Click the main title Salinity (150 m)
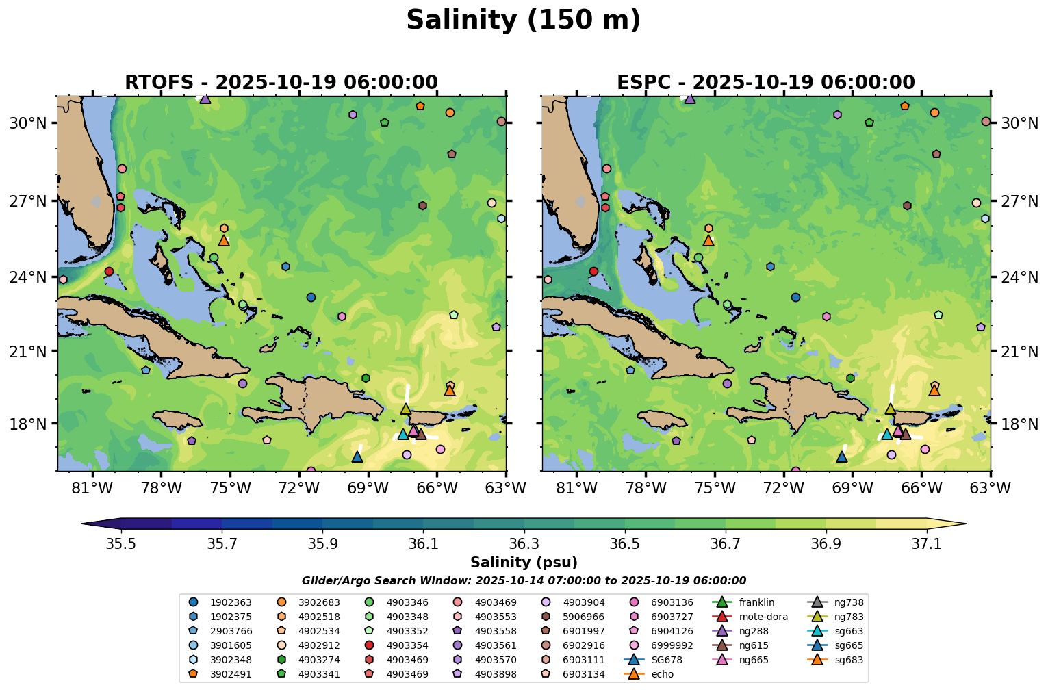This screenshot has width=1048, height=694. coord(523,21)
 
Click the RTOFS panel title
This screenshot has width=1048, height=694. coord(281,83)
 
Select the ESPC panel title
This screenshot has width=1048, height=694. coord(765,83)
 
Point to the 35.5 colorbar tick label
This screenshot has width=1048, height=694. coord(121,543)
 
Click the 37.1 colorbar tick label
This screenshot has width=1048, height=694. coord(927,543)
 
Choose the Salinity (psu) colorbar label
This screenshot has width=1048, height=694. coord(524,563)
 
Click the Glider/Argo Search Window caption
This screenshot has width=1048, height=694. coord(524,581)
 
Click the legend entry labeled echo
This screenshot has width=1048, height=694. coord(662,674)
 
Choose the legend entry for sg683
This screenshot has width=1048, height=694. coord(848,660)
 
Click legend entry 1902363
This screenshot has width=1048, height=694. coord(231,602)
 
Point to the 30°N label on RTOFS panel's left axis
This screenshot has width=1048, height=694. coord(27,123)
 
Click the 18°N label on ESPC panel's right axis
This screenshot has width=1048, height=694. coord(1019,424)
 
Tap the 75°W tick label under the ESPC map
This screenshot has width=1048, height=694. coord(715,488)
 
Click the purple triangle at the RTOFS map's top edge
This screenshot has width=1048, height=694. coord(205,99)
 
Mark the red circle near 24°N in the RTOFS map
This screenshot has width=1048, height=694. coord(109,272)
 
